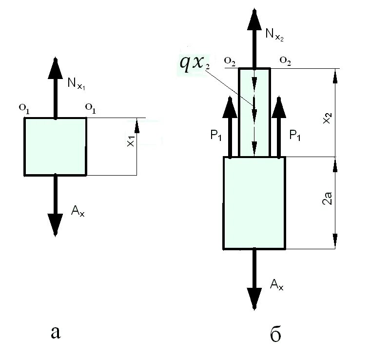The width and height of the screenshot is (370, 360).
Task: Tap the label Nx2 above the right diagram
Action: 273,34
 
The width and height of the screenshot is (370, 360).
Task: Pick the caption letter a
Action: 57,332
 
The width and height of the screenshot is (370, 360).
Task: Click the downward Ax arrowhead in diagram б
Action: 253,299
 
